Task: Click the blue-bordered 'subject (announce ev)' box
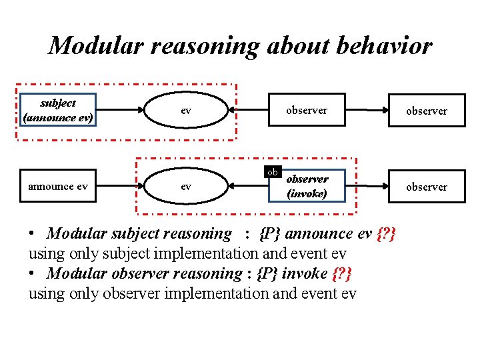click(58, 110)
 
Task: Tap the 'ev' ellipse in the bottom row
click(186, 187)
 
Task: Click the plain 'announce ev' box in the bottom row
click(58, 187)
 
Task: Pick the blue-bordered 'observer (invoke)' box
click(307, 186)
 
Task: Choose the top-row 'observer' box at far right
click(427, 111)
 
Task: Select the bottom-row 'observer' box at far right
click(427, 187)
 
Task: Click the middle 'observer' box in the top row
click(307, 111)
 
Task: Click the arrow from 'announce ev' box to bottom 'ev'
click(120, 187)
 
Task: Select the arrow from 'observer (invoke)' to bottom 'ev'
click(247, 187)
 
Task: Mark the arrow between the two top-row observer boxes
click(367, 111)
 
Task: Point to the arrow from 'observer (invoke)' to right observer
click(367, 187)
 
